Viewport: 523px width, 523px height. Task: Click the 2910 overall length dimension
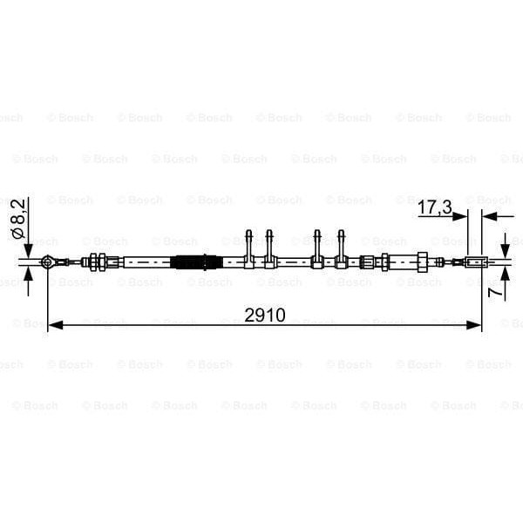coord(265,315)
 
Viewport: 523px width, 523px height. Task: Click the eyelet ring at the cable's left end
coord(48,261)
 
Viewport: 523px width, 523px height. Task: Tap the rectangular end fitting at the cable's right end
coord(475,261)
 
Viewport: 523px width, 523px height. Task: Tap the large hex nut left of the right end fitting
coord(422,261)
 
